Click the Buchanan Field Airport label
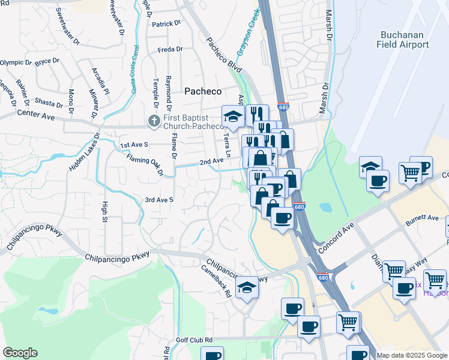[x=403, y=40]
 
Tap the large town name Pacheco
[x=202, y=91]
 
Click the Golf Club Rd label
[x=194, y=340]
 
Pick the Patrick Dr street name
[x=166, y=24]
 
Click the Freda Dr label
[x=169, y=50]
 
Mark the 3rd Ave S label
[x=159, y=200]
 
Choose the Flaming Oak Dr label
[x=145, y=165]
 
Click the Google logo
[x=20, y=353]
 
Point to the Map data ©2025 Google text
[x=411, y=355]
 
